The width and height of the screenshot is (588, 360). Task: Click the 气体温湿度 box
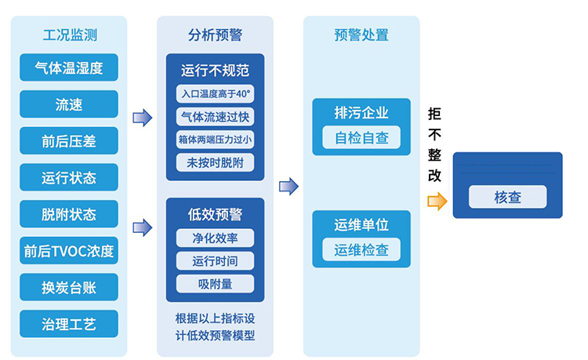[69, 67]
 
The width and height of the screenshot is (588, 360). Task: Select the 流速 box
[69, 104]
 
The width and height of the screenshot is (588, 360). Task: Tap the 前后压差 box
[69, 141]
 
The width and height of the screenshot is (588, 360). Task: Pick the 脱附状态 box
[69, 214]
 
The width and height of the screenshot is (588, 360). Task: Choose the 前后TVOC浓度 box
[69, 251]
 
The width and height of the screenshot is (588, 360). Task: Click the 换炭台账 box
[69, 287]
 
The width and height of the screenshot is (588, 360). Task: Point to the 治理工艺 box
[69, 324]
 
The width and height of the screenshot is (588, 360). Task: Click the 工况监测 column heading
[69, 35]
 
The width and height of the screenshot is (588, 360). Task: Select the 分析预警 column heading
[215, 35]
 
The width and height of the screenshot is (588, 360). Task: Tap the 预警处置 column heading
[361, 35]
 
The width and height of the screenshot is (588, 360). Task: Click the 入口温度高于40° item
[215, 94]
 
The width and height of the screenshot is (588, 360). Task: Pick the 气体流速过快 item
[215, 117]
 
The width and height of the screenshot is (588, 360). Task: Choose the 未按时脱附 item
[215, 163]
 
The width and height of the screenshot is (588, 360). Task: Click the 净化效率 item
[215, 238]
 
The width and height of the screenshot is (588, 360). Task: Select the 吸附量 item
[215, 283]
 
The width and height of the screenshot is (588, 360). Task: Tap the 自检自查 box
[361, 137]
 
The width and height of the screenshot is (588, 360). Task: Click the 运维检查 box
[361, 249]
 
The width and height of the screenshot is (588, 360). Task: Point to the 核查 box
[507, 197]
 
